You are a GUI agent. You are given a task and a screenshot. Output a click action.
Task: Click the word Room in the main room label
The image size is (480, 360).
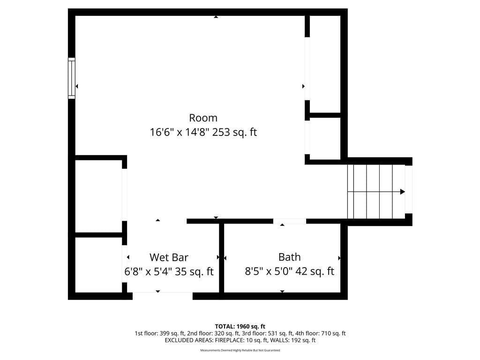coord(203,118)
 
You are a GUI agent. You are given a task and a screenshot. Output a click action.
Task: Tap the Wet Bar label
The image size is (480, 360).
coord(169,257)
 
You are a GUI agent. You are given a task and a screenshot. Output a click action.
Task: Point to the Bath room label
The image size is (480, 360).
coord(289,257)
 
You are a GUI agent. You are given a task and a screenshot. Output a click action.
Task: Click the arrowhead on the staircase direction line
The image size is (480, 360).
coord(403,192)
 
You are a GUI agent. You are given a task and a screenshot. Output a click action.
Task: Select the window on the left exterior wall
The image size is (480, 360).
coord(71,78)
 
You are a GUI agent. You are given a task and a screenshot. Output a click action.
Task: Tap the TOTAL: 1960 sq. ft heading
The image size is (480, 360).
coord(240,326)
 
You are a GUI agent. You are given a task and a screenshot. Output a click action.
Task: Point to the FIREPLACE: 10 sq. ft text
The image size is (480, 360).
coord(241,340)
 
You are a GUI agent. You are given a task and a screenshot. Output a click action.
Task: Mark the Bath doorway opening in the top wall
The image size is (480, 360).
coord(290,221)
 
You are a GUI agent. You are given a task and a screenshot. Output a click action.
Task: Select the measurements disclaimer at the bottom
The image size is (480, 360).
coord(240,350)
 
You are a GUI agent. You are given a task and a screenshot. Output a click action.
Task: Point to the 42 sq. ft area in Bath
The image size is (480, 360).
coord(315,271)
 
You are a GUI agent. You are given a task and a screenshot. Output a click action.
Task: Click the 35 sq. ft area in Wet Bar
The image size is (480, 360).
coord(194,271)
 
